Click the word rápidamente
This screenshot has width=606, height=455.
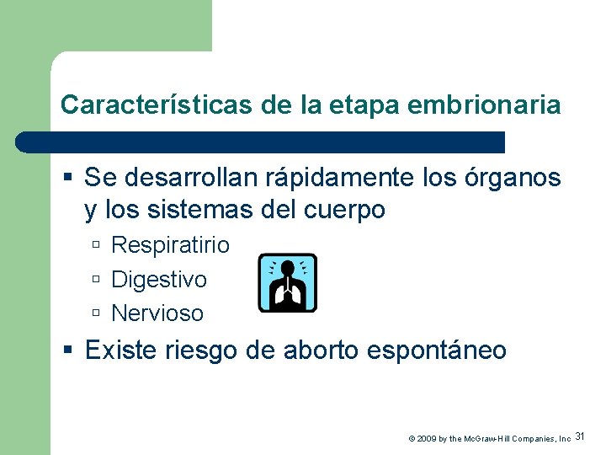(348, 178)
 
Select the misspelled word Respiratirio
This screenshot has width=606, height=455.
(170, 245)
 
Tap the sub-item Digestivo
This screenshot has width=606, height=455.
(159, 279)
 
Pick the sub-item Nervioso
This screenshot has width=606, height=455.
(157, 313)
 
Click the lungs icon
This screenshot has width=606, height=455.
(287, 282)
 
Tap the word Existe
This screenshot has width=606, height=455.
(121, 350)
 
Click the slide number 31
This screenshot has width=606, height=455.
(581, 436)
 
